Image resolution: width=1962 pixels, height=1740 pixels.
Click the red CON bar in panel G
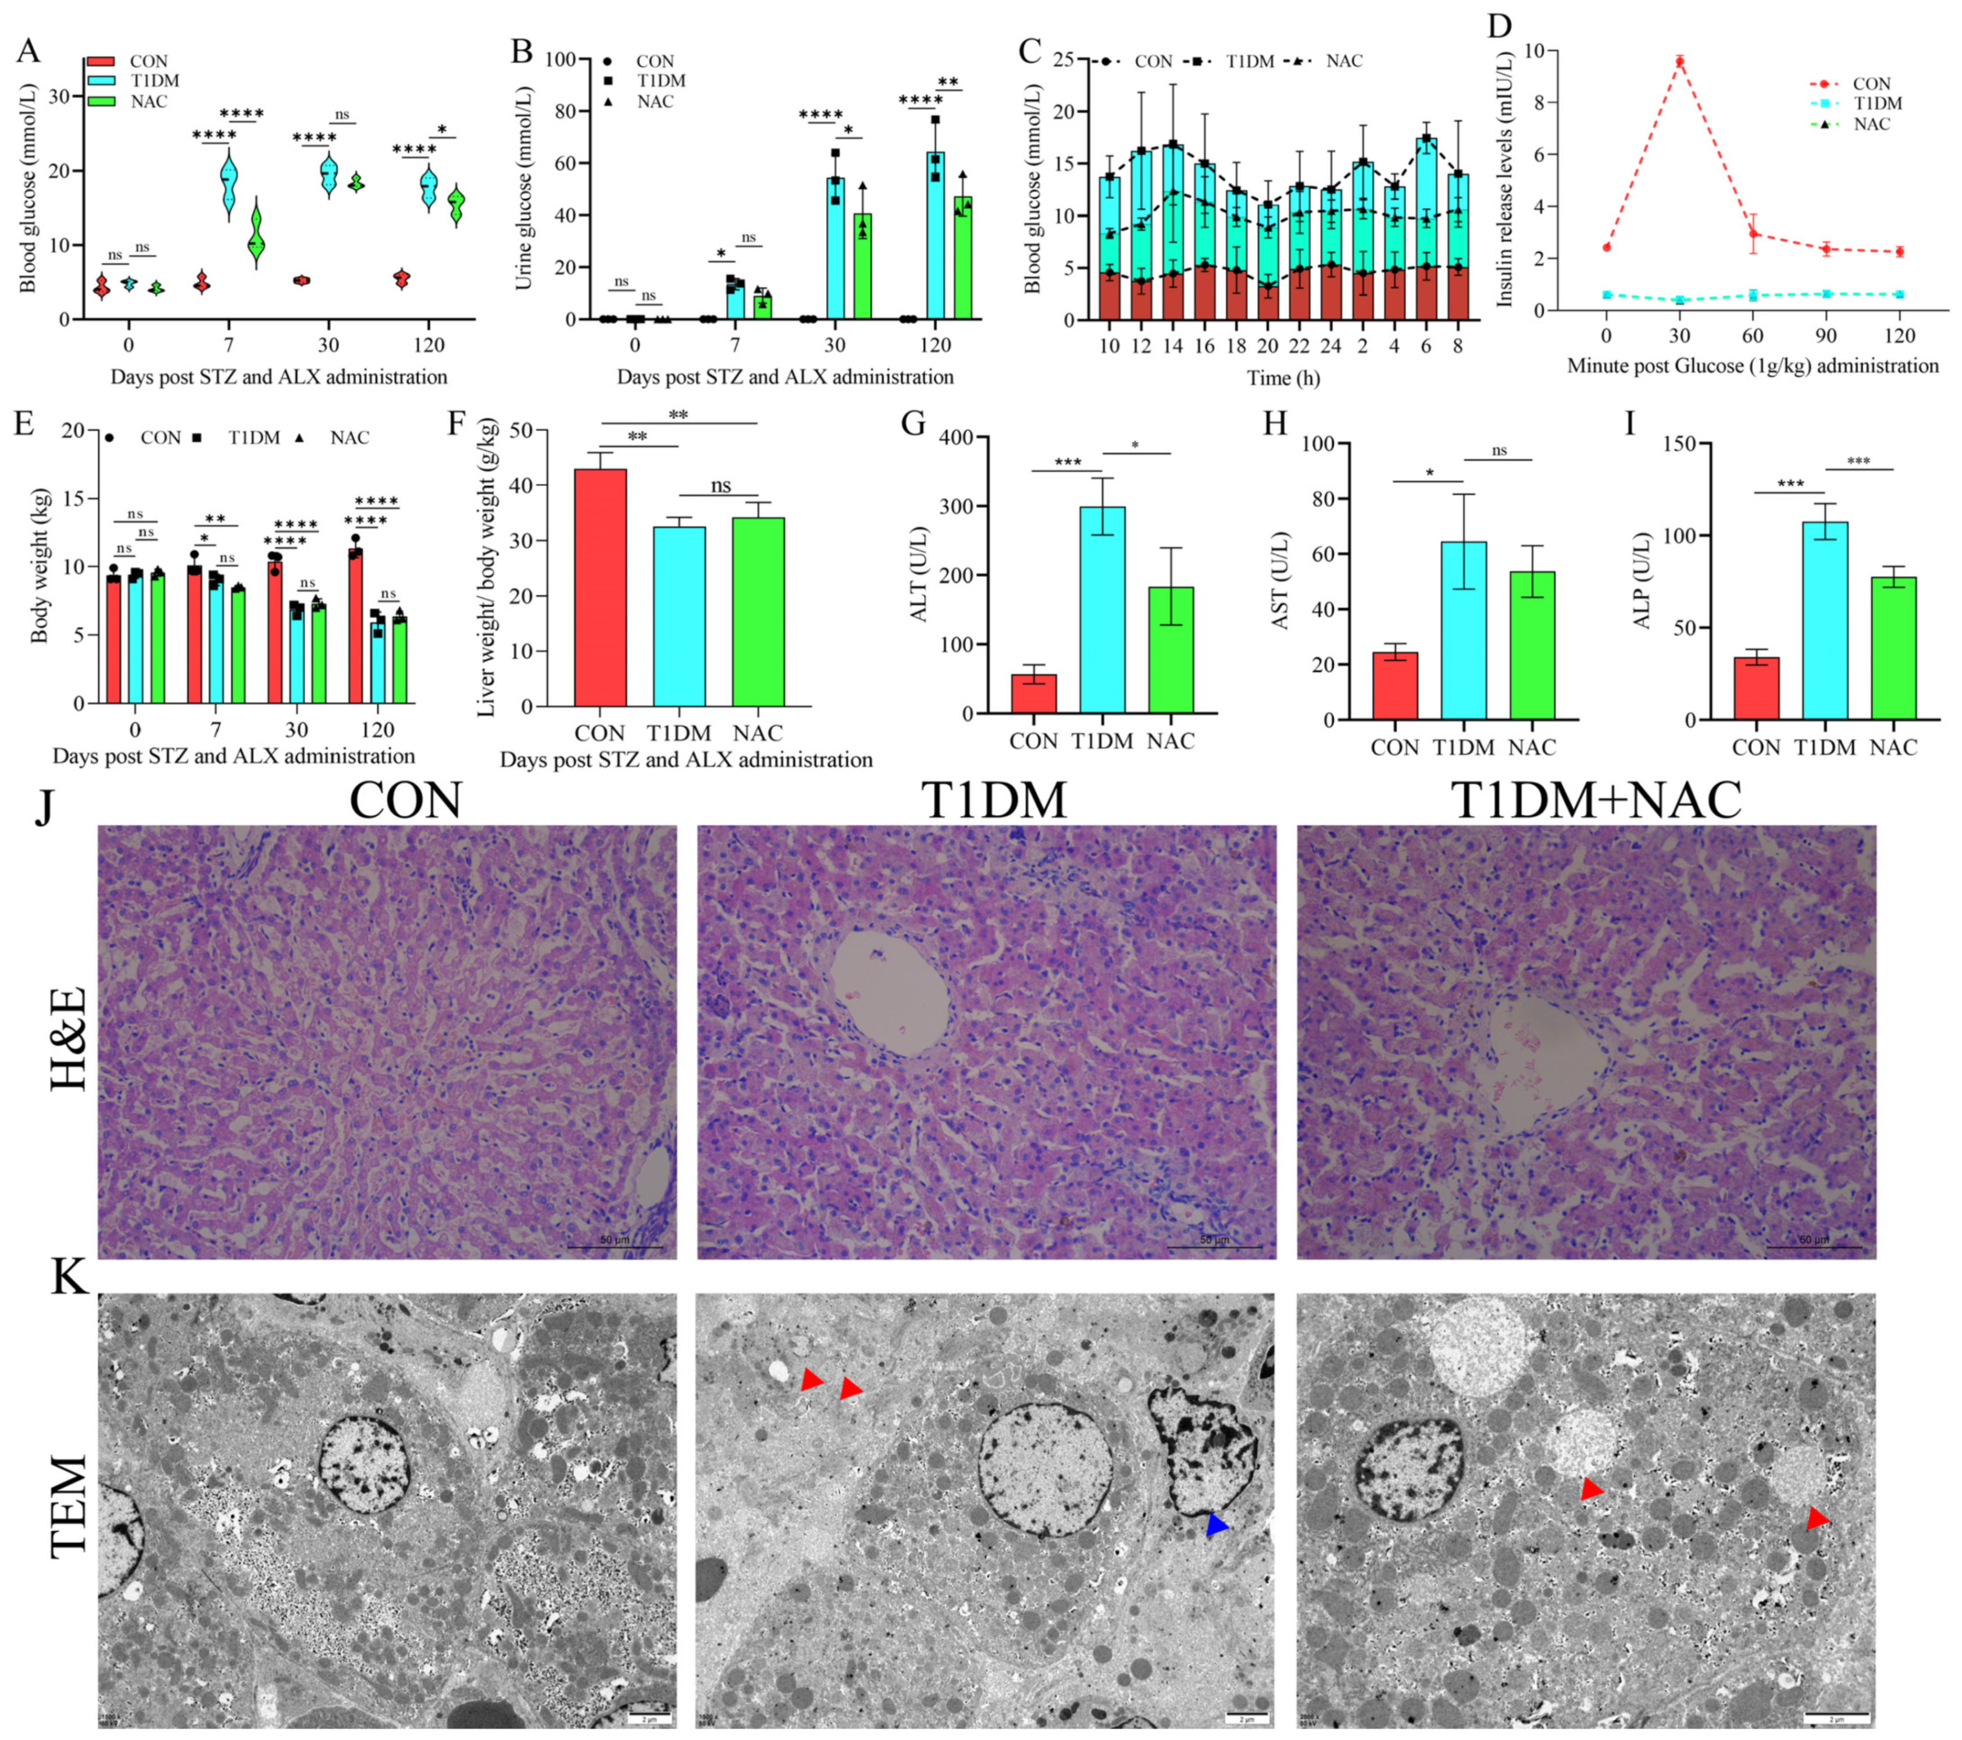(x=1034, y=693)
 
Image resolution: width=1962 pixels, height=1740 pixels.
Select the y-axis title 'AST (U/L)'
(x=1279, y=581)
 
